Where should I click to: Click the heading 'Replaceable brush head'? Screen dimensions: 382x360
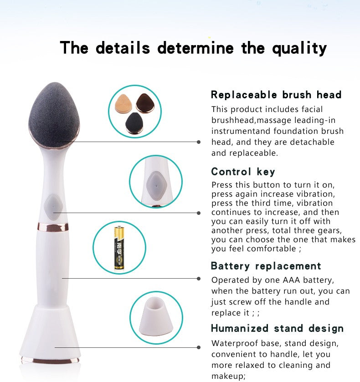pyautogui.click(x=276, y=95)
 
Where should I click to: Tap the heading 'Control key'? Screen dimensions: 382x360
pyautogui.click(x=243, y=172)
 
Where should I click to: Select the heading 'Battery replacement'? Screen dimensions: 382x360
pyautogui.click(x=266, y=266)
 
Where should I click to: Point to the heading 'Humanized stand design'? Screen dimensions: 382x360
pyautogui.click(x=277, y=328)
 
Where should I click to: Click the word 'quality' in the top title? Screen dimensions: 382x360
pyautogui.click(x=299, y=48)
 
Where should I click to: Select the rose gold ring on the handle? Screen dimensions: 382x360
pyautogui.click(x=53, y=226)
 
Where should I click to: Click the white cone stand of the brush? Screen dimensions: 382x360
pyautogui.click(x=50, y=332)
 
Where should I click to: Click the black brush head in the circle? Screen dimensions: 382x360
pyautogui.click(x=133, y=122)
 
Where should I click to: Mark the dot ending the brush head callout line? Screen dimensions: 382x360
pyautogui.click(x=199, y=142)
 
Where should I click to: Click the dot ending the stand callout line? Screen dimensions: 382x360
pyautogui.click(x=199, y=347)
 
